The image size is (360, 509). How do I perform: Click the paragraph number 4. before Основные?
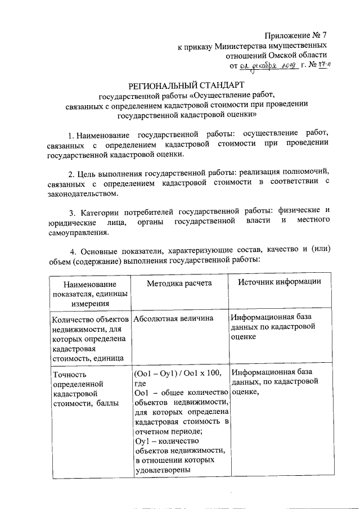[x=72, y=250]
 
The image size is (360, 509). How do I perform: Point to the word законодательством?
[x=83, y=193]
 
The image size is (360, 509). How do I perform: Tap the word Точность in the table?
[x=70, y=373]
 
